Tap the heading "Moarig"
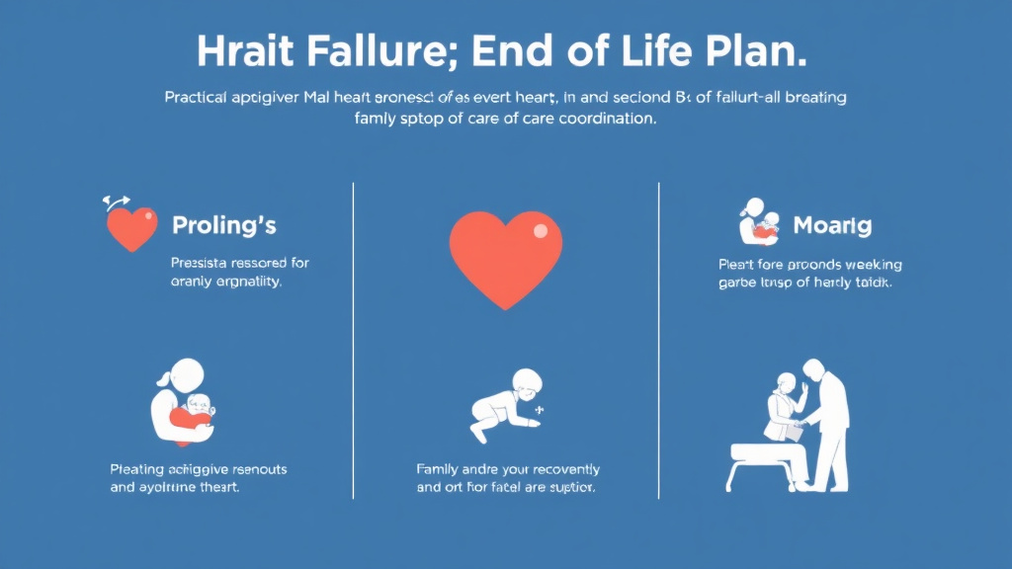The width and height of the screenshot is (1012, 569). (832, 226)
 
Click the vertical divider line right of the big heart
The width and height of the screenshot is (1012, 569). (659, 336)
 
